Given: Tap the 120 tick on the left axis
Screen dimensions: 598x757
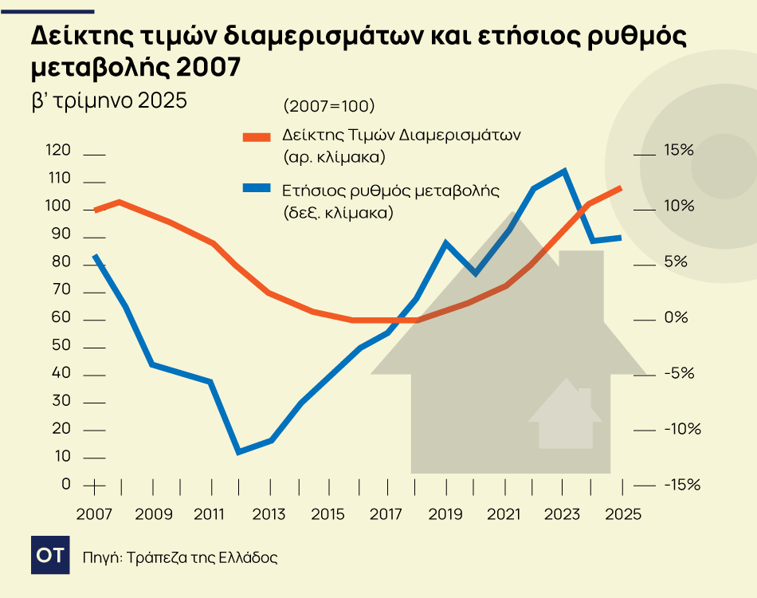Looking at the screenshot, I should coord(61,151).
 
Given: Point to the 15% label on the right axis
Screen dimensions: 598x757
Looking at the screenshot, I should coord(679,151).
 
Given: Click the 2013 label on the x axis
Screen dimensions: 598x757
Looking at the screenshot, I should coord(269,513).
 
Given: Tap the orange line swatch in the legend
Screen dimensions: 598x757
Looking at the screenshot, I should coord(257,136).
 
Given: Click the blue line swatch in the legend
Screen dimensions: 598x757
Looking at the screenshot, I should coord(257,189).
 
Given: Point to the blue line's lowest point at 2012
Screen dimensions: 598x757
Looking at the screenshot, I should coord(238,452).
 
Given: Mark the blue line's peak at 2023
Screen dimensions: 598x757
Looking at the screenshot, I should coord(564,171).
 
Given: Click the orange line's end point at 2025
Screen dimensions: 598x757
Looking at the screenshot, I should coord(621,188).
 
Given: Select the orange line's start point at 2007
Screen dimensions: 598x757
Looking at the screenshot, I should coord(96,210).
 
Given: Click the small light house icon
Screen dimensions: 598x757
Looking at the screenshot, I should coord(565,414).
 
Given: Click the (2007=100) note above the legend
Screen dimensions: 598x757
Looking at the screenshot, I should coord(328,106).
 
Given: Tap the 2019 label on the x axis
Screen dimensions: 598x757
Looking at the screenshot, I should coord(445,513).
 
